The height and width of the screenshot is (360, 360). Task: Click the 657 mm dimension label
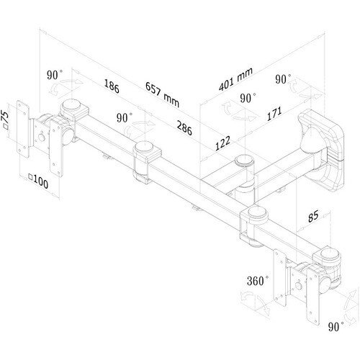tap(163, 94)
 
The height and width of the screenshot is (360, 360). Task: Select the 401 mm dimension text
tap(235, 79)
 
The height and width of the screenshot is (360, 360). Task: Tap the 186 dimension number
tap(112, 86)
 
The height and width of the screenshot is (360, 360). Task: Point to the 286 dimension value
tap(184, 127)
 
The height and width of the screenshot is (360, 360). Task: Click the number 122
tap(222, 143)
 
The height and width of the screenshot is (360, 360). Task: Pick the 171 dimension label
tap(274, 114)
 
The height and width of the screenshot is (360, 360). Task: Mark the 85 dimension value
tap(313, 216)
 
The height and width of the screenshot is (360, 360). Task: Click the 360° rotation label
tap(258, 281)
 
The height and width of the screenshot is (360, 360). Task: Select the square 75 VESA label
tap(5, 120)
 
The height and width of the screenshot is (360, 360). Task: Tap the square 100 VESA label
tap(38, 181)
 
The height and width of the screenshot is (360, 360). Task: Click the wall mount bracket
tap(321, 150)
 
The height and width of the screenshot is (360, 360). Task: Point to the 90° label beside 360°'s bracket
tap(336, 327)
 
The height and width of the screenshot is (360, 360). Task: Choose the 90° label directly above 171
tap(248, 98)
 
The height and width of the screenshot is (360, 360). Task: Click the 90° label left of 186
tap(55, 75)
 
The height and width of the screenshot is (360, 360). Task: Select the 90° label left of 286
tap(125, 117)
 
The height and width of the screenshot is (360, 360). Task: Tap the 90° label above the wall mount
tap(283, 79)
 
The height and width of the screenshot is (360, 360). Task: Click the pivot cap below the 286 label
tap(144, 147)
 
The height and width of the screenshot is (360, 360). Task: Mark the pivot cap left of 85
tap(258, 212)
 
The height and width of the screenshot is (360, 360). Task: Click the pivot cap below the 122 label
tap(244, 161)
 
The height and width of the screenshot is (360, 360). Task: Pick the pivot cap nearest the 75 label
tap(71, 105)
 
